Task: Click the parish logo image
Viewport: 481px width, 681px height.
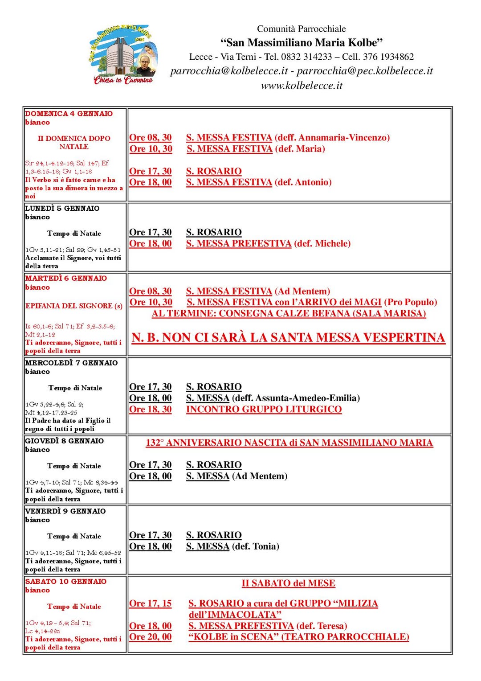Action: pos(123,54)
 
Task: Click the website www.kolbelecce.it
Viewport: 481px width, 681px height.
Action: pos(302,86)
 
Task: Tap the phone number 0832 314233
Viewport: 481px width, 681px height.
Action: pos(306,57)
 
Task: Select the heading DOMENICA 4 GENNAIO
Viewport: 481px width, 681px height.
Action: pos(69,114)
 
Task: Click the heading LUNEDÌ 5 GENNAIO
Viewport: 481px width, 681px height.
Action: pos(62,208)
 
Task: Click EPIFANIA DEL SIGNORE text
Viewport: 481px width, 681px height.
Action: pos(74,306)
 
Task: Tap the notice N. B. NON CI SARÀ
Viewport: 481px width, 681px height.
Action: pos(288,338)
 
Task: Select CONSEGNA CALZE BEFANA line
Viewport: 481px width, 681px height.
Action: pos(289,313)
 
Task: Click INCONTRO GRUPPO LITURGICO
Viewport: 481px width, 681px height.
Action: pos(264,410)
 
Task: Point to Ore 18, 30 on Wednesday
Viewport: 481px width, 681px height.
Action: pos(151,410)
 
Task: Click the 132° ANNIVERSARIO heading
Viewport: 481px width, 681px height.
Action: pos(289,443)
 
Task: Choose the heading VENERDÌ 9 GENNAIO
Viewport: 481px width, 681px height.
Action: pos(65,511)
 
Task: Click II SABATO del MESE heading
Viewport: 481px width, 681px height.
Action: pos(288,583)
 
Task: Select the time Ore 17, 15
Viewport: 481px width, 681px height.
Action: pos(151,604)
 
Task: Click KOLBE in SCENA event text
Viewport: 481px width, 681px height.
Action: pos(298,637)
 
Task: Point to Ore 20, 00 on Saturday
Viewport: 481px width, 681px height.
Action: pos(151,637)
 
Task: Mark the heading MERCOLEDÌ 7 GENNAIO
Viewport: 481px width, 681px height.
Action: pos(72,363)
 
